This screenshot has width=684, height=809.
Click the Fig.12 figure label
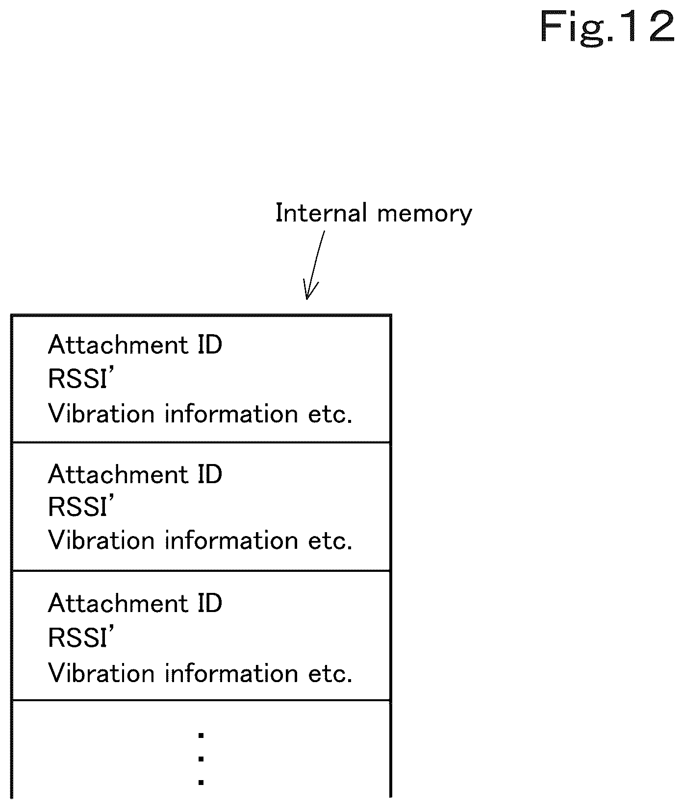[608, 27]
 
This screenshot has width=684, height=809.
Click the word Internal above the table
[321, 213]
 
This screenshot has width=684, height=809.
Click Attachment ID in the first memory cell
[135, 344]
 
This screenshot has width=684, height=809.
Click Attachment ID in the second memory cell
[135, 474]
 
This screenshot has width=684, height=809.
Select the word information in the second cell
[231, 540]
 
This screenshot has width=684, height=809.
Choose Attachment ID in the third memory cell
[135, 603]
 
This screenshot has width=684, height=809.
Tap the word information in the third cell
[231, 673]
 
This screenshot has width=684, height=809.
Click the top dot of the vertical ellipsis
[201, 735]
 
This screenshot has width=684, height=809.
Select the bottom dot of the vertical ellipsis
[201, 782]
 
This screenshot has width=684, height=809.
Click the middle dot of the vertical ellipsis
[201, 759]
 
